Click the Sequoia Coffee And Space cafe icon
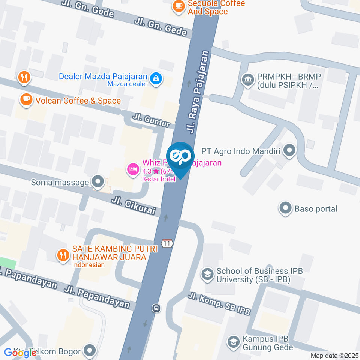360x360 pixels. coord(178,6)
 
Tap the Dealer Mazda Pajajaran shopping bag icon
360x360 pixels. coord(156,78)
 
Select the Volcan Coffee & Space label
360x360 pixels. coord(78,100)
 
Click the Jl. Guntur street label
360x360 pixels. coord(151,121)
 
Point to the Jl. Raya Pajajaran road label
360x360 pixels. coord(197,92)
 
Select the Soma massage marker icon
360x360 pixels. coord(98,182)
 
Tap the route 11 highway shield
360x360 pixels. coord(167,243)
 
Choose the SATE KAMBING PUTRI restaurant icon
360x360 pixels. coord(63,255)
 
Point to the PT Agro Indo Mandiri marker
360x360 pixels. coord(289,151)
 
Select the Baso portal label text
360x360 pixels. coord(316,209)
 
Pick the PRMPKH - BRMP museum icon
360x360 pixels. coord(248,79)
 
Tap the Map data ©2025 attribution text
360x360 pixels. coord(334,355)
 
